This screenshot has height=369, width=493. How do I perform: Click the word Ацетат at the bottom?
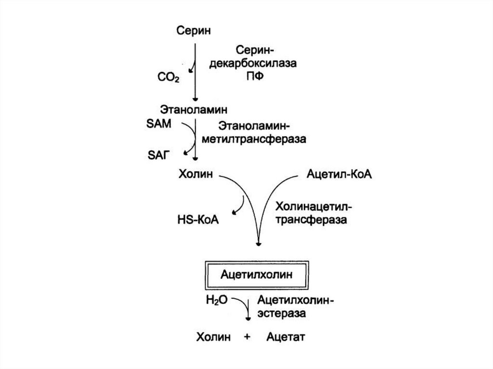(x=286, y=336)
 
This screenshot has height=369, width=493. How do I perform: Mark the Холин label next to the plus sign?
(x=212, y=336)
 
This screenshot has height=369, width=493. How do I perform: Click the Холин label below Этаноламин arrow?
(x=195, y=174)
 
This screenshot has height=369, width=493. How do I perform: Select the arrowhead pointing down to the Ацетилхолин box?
(x=259, y=244)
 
